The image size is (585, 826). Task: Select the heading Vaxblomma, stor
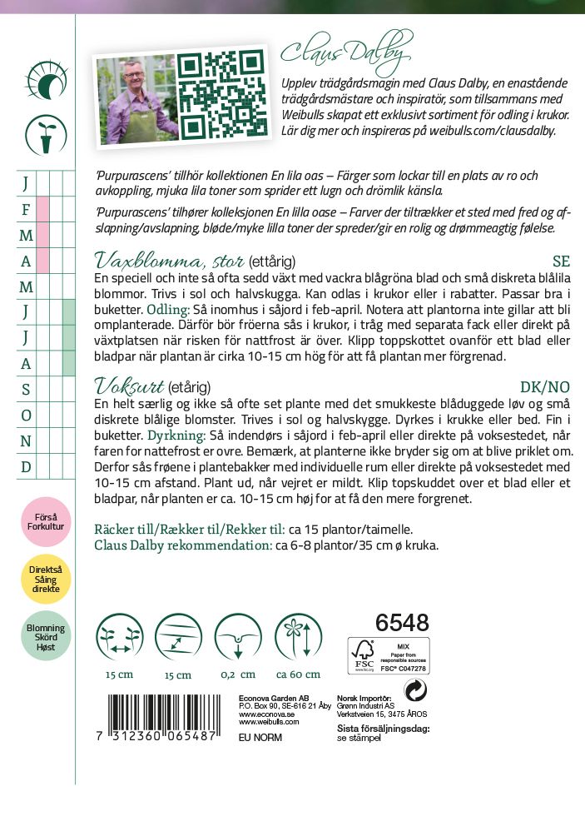point(169,259)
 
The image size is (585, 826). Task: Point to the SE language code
point(561,261)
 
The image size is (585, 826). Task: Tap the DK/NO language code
point(544,387)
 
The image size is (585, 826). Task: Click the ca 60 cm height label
point(293,674)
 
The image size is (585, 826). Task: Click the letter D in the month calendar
point(26,466)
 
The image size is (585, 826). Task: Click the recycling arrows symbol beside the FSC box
point(415,690)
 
